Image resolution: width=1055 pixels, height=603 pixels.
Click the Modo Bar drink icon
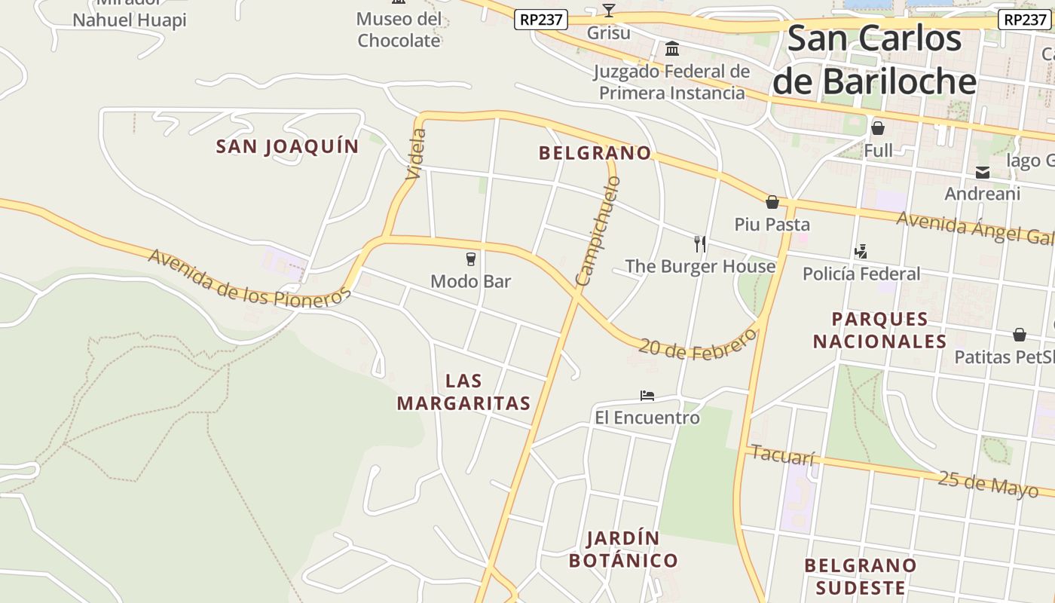(471, 259)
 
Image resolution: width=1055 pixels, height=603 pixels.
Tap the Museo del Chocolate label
(399, 29)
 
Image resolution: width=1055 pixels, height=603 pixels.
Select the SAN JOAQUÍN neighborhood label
(287, 146)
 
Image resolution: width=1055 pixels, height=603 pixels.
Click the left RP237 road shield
(541, 20)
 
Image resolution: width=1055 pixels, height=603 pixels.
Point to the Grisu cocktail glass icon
(609, 11)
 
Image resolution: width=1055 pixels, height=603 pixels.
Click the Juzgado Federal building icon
(672, 50)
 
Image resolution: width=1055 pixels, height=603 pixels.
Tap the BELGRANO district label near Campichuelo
(595, 153)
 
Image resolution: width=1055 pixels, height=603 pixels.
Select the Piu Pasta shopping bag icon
(772, 202)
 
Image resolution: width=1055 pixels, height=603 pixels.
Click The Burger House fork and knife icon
(700, 243)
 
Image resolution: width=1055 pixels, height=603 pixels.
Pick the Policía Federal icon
(861, 251)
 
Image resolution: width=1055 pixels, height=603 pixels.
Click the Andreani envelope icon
(983, 173)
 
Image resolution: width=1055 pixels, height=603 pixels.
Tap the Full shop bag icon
(878, 128)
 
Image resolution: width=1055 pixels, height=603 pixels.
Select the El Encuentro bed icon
(647, 395)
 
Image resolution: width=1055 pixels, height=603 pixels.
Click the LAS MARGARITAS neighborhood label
(463, 392)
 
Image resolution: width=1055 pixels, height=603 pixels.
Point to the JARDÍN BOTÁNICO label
(623, 549)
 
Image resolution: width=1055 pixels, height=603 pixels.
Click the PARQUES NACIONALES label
(879, 330)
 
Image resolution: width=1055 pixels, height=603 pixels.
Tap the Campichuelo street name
(598, 231)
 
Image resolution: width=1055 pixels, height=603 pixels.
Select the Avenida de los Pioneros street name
(249, 278)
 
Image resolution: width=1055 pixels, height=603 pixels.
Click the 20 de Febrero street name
(697, 344)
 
